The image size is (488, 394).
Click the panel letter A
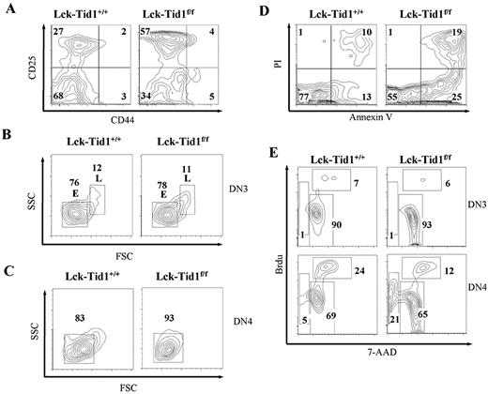[x=8, y=9]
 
